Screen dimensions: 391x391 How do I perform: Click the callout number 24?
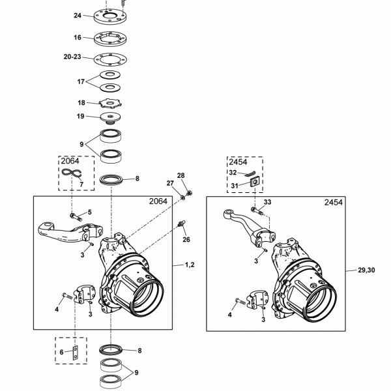pos(78,16)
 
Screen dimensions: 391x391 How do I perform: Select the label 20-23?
pos(72,57)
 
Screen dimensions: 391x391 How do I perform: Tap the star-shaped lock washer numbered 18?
pos(110,103)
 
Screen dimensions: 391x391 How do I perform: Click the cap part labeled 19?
pos(111,118)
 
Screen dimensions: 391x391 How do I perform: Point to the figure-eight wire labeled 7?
pos(72,172)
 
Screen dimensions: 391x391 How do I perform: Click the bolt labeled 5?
pos(76,217)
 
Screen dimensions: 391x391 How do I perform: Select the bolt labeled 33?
pos(257,210)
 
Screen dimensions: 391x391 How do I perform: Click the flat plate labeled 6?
pos(76,353)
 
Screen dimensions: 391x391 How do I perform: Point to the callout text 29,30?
pos(366,270)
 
